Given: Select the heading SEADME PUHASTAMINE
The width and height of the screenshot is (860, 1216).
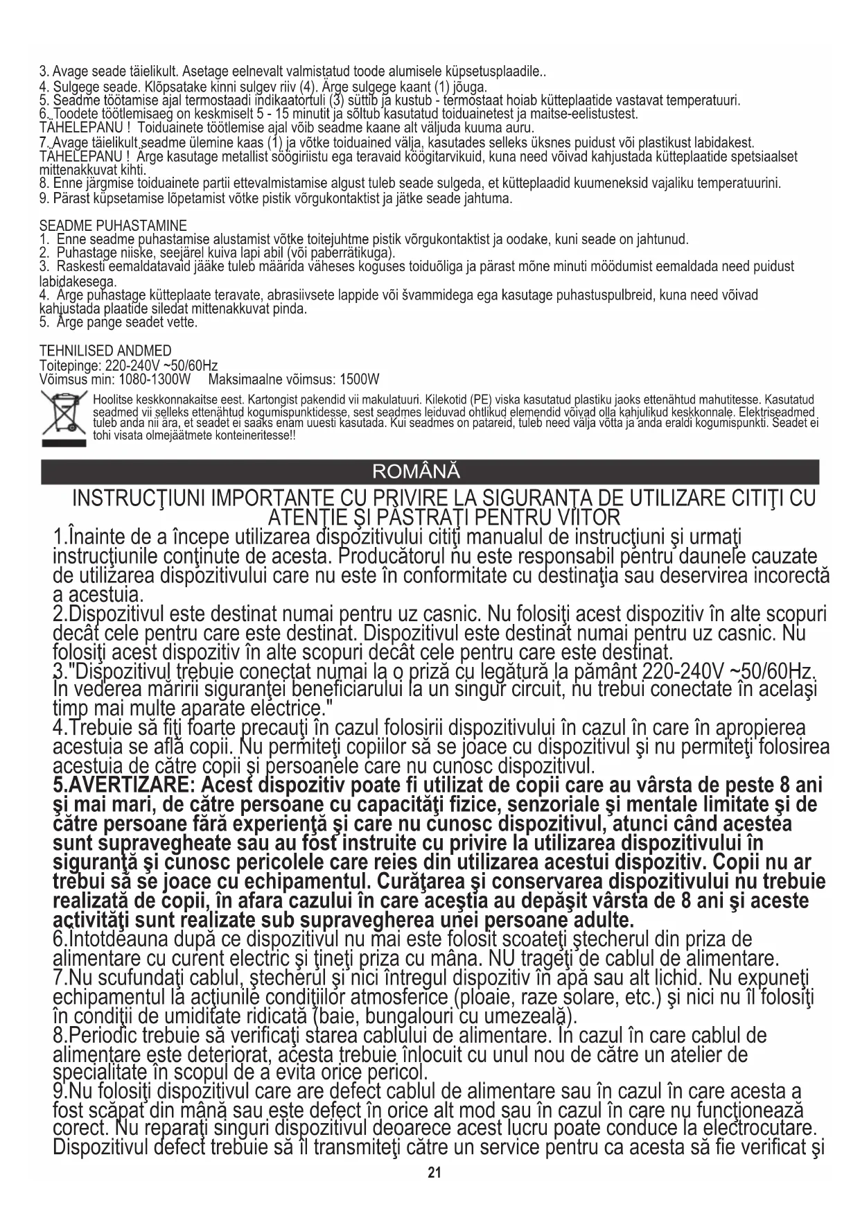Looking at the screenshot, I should pos(113,226).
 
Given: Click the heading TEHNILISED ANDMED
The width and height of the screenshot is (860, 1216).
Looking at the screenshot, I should pos(105,351).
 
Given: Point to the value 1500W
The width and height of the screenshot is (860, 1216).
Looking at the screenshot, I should pos(357,379).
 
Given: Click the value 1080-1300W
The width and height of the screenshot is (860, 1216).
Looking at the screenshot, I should pos(155,379).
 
